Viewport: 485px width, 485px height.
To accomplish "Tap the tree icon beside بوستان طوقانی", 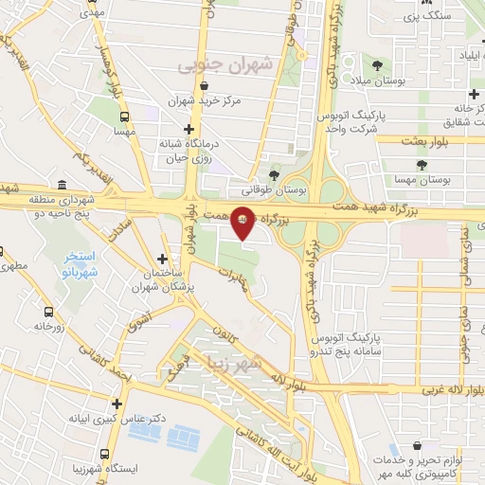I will pos(274,174).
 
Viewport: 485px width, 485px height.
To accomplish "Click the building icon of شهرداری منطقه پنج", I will pos(62,184).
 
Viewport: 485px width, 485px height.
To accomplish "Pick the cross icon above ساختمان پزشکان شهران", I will pos(163,258).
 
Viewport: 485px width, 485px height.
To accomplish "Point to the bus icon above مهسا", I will pos(124,117).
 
